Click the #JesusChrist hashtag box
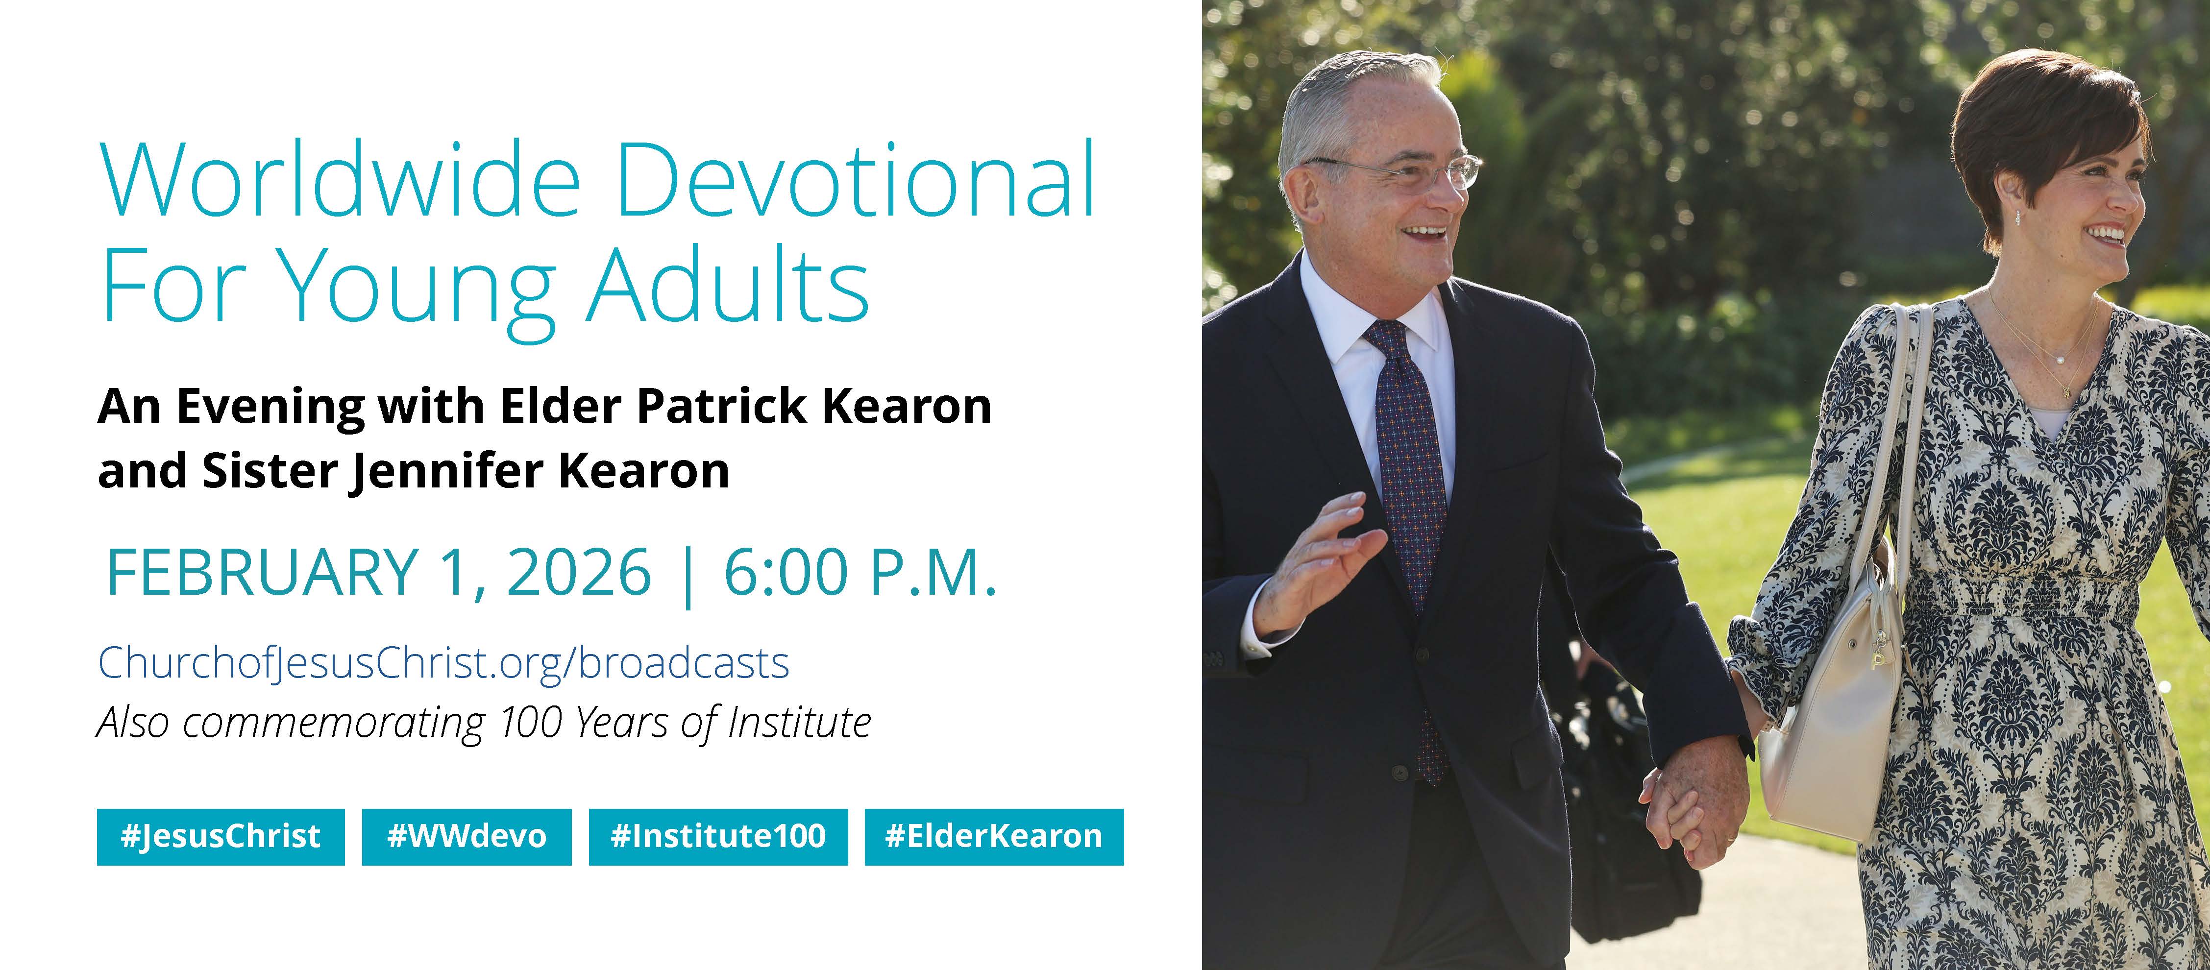[x=221, y=836]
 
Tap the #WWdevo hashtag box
[x=467, y=836]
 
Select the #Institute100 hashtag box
[x=718, y=836]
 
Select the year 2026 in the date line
[x=579, y=572]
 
